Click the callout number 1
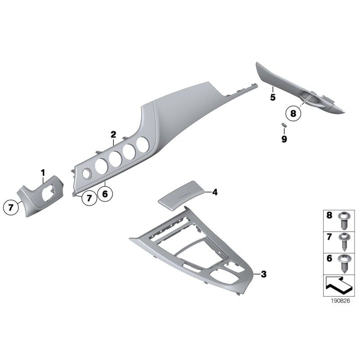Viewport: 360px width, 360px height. tap(43, 172)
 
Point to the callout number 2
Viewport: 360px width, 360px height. tap(113, 134)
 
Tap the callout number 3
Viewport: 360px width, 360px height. tap(263, 274)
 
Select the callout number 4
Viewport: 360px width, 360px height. tap(215, 192)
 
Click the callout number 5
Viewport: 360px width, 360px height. tap(273, 97)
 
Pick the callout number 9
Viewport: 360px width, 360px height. tap(284, 139)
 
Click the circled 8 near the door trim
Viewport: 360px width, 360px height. tap(293, 114)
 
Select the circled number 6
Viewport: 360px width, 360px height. tap(106, 194)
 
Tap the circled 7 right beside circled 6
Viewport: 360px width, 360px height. tap(89, 198)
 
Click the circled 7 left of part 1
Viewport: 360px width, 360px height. tap(11, 208)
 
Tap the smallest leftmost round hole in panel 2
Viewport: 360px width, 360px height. tap(85, 171)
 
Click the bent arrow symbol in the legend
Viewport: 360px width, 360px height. tap(337, 286)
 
